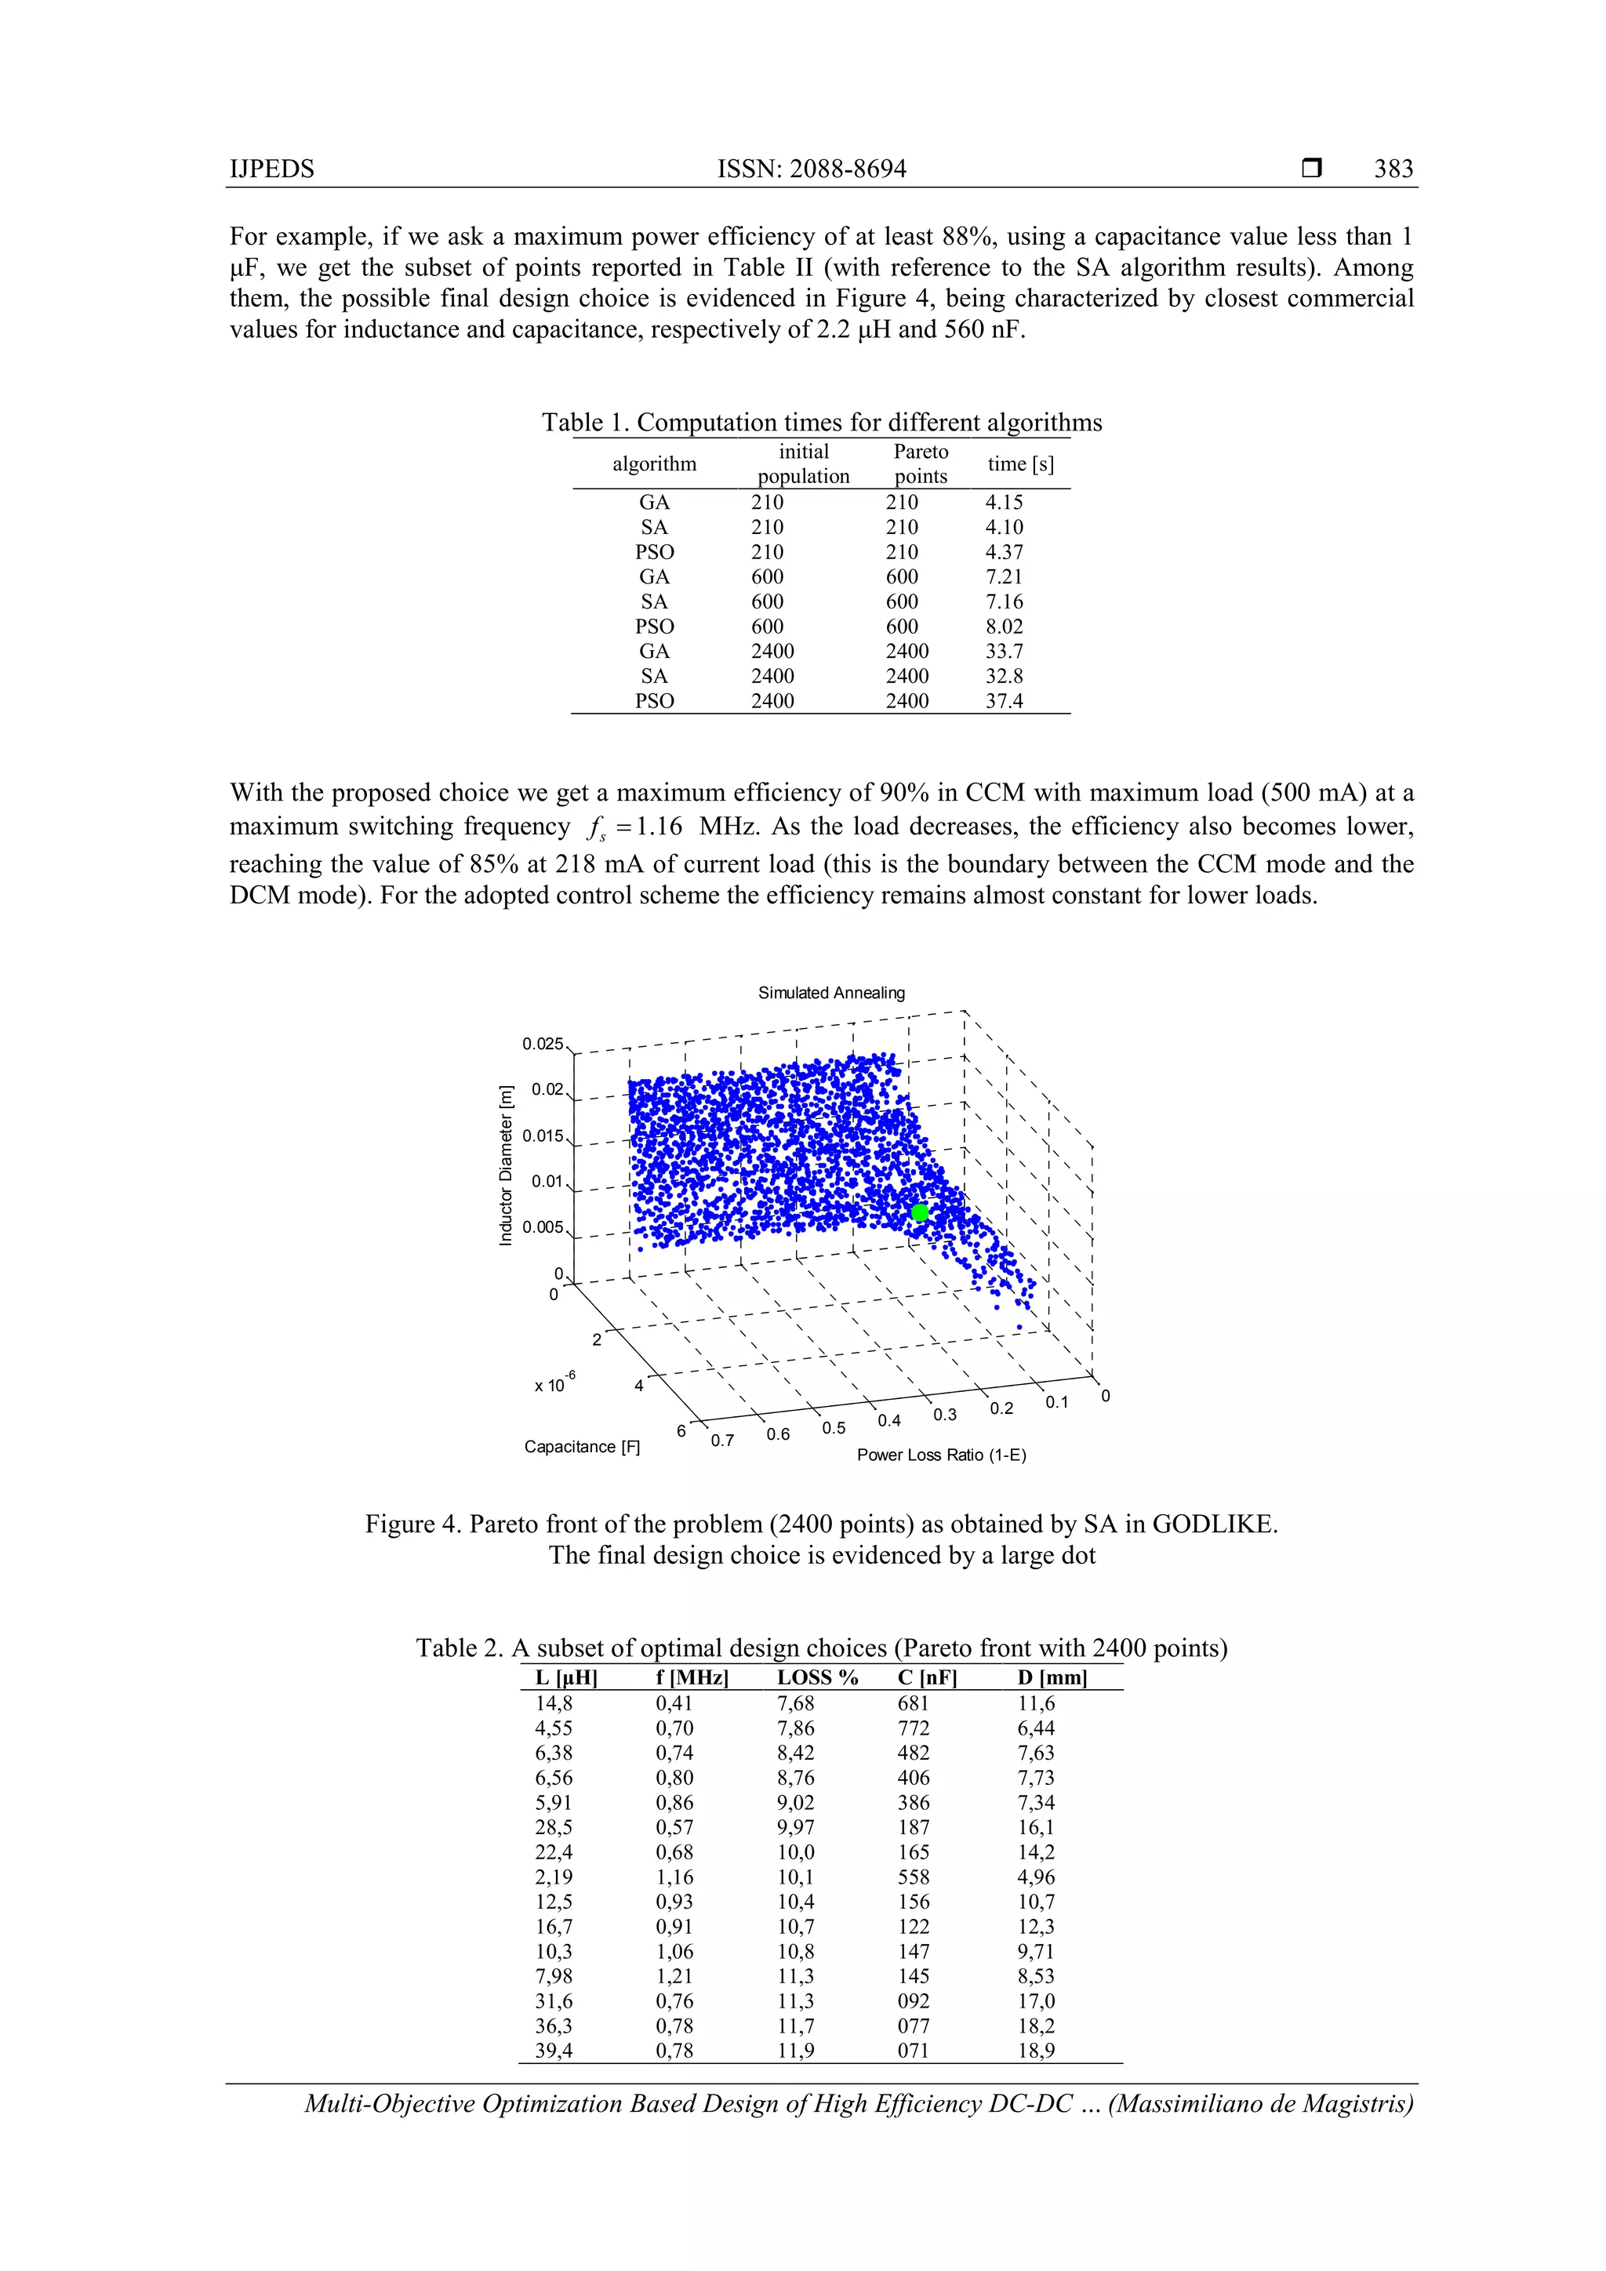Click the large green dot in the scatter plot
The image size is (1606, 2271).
920,1212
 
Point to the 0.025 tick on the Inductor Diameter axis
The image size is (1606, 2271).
542,1044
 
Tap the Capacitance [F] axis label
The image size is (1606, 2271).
582,1446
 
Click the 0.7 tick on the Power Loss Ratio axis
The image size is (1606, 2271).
722,1440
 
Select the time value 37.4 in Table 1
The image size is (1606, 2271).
1003,700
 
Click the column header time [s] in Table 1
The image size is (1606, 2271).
1019,464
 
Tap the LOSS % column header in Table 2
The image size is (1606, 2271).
817,1677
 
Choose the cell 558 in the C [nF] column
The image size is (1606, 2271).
913,1877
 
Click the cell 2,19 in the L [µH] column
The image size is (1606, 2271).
553,1877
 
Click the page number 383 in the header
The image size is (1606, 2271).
1393,169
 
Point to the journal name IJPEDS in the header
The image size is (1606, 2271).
272,169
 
